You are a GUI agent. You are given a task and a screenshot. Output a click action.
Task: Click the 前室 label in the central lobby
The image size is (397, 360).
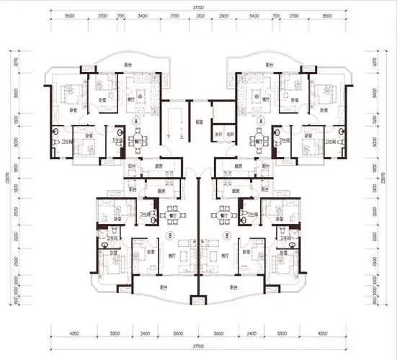pos(197,122)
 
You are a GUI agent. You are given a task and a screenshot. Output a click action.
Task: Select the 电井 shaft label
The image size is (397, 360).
pos(231,135)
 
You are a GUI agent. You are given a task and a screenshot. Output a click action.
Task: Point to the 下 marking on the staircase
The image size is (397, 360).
pos(169,137)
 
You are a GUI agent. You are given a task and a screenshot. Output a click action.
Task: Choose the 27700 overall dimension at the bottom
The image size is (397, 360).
pos(197,346)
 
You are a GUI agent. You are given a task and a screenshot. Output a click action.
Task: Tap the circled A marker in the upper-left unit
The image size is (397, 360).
pos(136,122)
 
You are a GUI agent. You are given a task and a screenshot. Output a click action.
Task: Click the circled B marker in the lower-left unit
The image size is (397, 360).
pos(169,235)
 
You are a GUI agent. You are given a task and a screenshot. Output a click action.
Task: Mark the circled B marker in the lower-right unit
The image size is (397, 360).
pos(226,235)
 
